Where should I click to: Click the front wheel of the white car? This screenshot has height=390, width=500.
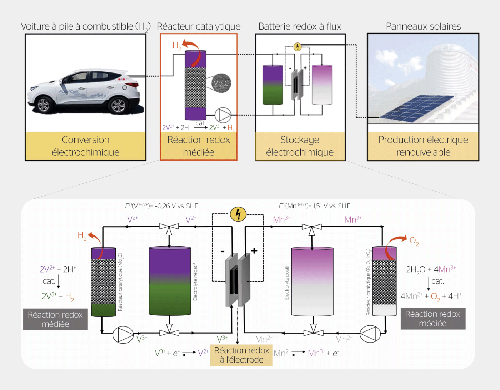coord(43,105)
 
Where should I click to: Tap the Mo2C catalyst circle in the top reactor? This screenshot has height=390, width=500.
coord(221,83)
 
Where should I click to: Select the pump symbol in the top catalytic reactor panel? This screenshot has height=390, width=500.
coord(223,115)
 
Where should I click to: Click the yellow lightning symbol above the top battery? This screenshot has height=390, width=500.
coord(297,47)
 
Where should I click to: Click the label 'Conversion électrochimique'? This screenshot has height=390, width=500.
coord(86,146)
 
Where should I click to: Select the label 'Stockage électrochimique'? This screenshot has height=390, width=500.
coord(300,146)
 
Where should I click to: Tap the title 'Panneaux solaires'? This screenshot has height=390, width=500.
coord(423,26)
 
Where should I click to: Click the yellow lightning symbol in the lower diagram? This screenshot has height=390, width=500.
coord(238,214)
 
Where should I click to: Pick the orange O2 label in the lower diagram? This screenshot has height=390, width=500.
coord(414,241)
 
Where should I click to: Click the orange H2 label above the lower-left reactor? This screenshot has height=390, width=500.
coord(82,236)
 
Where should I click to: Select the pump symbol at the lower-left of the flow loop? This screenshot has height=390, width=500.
coord(123,335)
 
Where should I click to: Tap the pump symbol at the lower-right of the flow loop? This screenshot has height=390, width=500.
coord(370,334)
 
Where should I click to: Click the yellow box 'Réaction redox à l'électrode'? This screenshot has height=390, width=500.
coord(241,355)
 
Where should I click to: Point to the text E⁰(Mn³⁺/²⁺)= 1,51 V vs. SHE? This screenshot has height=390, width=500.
coord(314,206)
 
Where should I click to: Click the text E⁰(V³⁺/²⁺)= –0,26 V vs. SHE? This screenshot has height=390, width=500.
coord(161,206)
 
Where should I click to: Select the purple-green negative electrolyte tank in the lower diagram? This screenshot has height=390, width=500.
coord(170,281)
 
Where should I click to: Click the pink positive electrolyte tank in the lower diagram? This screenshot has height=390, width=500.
coord(312,282)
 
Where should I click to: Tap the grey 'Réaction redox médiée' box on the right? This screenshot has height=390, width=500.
coord(432,319)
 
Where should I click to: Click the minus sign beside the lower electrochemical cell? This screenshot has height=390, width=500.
coord(222,252)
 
